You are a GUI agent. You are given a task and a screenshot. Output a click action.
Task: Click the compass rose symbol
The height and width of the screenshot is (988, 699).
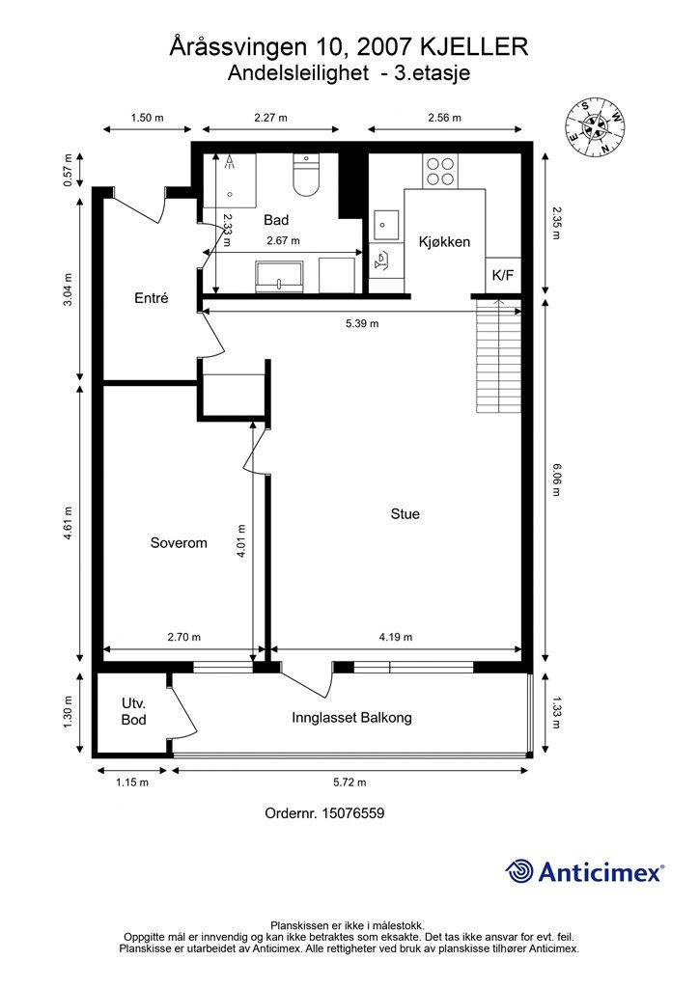click(x=596, y=127)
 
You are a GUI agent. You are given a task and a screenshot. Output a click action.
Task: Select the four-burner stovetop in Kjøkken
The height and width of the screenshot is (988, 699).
click(x=440, y=171)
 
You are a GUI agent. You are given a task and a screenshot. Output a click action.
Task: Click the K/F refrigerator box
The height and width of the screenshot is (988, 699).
click(x=503, y=275)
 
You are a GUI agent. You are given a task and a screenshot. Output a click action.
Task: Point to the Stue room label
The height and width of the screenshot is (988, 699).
click(x=405, y=514)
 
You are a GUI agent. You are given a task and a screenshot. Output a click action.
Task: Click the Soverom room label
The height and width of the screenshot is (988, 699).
click(x=179, y=543)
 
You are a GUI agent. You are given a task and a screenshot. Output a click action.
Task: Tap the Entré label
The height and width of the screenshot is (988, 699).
click(x=152, y=298)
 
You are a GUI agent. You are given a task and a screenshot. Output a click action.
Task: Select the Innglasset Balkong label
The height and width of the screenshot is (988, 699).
click(x=351, y=718)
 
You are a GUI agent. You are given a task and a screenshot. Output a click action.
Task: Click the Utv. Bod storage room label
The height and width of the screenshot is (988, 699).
click(x=133, y=711)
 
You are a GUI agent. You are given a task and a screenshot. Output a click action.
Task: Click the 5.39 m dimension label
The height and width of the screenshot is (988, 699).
click(x=362, y=324)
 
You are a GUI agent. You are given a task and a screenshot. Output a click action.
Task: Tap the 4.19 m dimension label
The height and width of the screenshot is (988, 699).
click(x=395, y=637)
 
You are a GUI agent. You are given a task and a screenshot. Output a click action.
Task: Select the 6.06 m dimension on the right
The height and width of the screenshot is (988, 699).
click(x=556, y=480)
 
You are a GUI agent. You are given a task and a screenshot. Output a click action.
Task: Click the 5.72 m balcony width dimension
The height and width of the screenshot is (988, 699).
click(x=349, y=782)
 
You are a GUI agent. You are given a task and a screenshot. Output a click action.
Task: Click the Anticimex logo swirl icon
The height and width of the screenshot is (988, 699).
click(x=519, y=871)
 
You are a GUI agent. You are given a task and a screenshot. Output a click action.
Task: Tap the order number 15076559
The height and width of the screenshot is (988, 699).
click(x=353, y=813)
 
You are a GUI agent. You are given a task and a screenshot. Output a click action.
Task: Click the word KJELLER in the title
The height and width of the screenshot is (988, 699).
click(x=474, y=47)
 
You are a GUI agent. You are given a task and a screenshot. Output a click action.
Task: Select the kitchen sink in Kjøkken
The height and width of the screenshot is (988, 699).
click(x=384, y=225)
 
